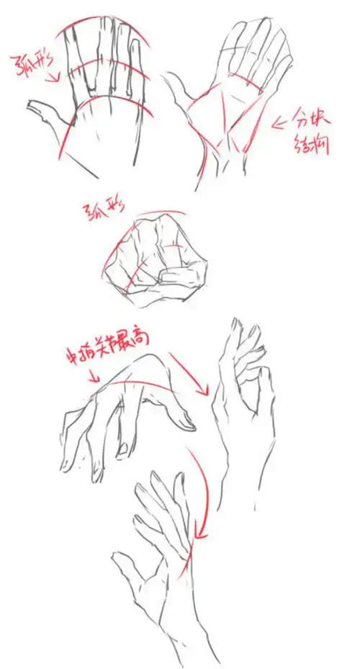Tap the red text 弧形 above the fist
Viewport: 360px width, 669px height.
tap(102, 210)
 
